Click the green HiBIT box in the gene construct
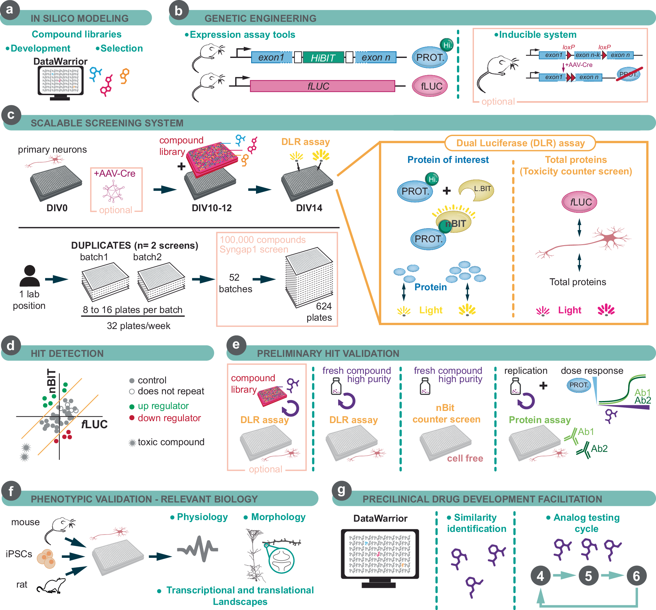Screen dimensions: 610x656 coord(323,58)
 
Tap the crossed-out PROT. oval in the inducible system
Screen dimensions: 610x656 coord(628,74)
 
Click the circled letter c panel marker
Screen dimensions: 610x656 coord(11,115)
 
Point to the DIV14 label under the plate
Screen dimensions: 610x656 coord(309,208)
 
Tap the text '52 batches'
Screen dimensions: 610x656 coord(235,283)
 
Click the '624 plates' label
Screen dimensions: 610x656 coord(319,312)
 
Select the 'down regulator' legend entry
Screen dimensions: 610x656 coord(169,418)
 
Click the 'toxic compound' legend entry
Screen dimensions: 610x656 coord(170,442)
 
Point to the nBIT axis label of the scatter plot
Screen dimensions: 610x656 coord(52,381)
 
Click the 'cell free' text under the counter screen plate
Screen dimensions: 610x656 coord(465,458)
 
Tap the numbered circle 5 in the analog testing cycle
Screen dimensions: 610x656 coord(588,576)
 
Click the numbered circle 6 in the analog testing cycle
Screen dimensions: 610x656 coord(636,576)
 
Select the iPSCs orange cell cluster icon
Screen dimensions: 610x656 coord(46,558)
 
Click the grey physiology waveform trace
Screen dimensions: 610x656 coord(197,549)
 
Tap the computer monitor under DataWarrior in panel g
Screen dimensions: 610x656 coord(380,555)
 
